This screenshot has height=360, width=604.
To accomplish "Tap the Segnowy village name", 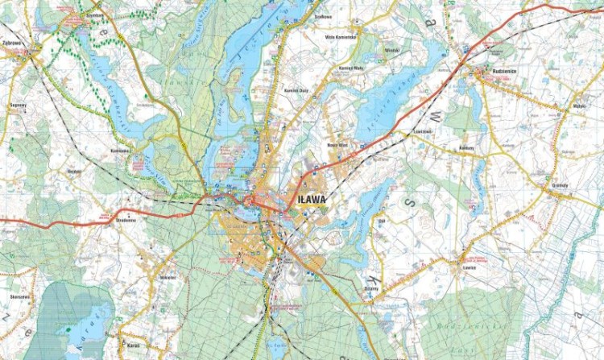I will (x=18, y=106).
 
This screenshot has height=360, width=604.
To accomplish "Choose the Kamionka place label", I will (x=120, y=150).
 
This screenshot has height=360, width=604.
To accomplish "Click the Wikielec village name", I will (x=168, y=276).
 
